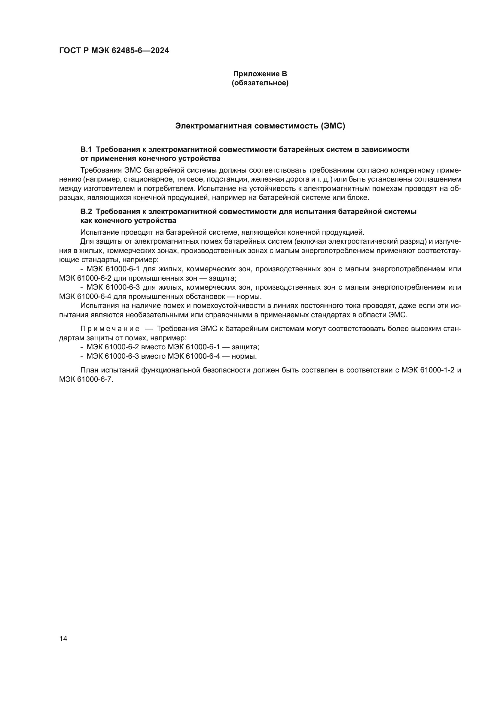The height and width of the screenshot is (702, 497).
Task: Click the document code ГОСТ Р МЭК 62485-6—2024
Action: click(114, 51)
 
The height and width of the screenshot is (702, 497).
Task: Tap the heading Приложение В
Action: click(260, 74)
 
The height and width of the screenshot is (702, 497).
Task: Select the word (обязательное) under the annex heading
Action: click(260, 83)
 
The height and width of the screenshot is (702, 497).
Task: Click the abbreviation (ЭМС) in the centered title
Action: click(333, 126)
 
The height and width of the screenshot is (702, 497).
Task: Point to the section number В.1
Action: click(86, 149)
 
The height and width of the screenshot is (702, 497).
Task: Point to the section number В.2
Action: click(86, 212)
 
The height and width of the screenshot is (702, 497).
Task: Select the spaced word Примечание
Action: click(110, 329)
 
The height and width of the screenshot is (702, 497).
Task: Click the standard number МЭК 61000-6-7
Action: click(86, 379)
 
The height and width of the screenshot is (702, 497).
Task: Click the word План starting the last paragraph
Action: click(89, 370)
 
